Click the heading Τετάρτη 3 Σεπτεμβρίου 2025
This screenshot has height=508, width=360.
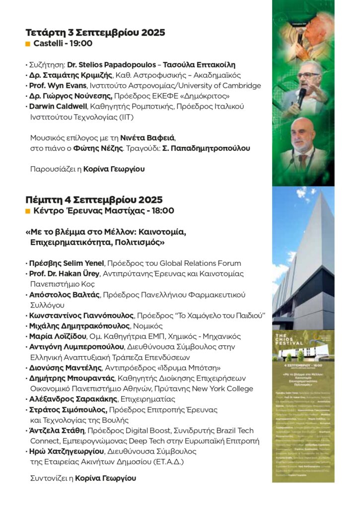(95, 33)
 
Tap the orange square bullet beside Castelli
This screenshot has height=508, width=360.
(28, 44)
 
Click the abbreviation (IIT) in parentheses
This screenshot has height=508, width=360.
(125, 117)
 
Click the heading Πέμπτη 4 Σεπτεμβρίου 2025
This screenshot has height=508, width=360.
(94, 200)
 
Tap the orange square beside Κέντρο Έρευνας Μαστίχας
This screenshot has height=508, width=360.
(28, 211)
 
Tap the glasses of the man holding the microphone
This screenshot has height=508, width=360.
(309, 75)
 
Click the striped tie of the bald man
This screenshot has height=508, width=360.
(302, 160)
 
